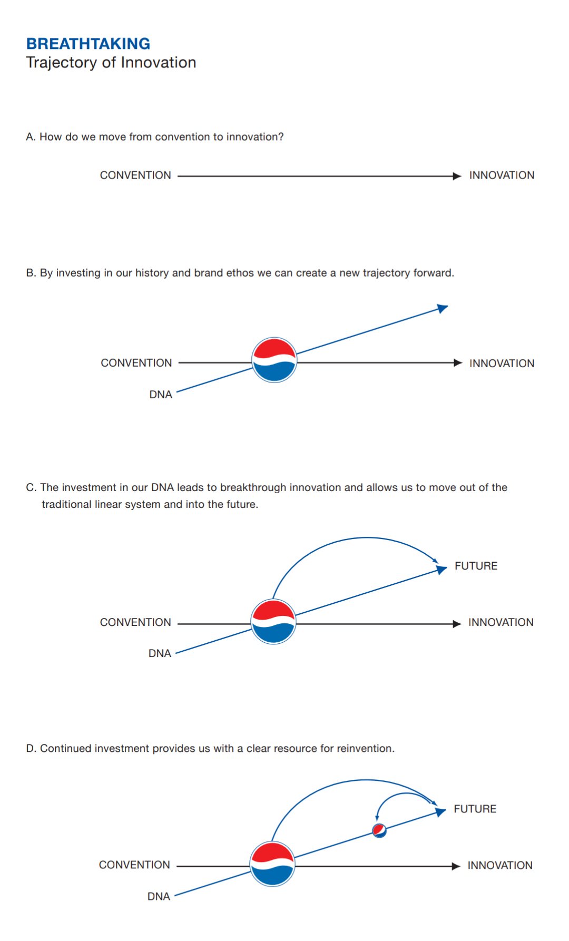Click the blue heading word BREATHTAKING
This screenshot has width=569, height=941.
88,44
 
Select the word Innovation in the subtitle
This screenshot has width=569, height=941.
158,63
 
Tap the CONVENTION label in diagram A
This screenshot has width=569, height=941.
135,175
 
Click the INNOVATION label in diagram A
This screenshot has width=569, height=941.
502,175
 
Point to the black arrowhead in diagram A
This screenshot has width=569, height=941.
457,176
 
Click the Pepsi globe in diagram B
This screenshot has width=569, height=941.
274,360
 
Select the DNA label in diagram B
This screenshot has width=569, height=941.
161,395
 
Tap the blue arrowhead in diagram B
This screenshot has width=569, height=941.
443,308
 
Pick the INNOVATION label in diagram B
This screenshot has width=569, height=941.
502,364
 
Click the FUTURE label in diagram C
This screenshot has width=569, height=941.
476,566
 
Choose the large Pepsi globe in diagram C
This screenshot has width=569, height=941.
273,622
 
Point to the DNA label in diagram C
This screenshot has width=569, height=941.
160,653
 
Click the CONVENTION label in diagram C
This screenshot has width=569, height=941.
135,622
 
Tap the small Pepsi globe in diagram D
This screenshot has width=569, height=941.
379,830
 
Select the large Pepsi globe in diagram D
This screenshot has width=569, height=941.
272,864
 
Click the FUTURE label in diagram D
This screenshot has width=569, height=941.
475,809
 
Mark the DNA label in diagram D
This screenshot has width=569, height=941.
159,896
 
